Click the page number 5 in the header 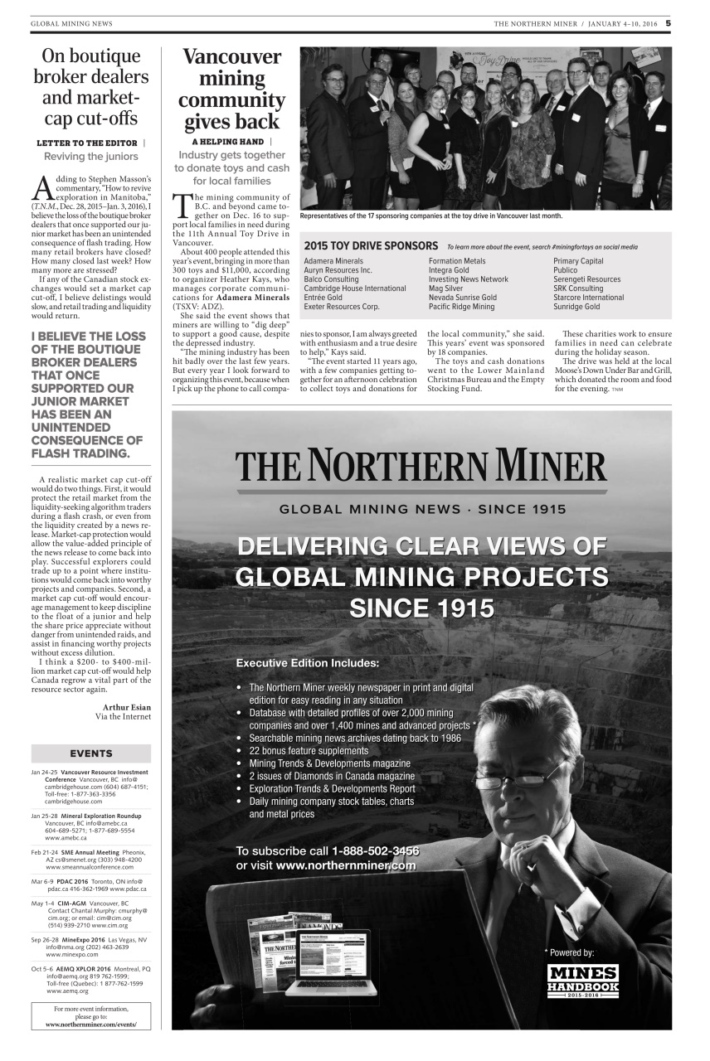click(x=668, y=23)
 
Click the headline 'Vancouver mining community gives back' click(x=231, y=90)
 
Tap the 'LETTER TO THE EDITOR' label click(x=87, y=143)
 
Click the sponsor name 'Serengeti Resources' click(x=586, y=279)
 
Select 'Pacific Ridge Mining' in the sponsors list click(x=461, y=307)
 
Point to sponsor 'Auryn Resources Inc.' click(x=338, y=270)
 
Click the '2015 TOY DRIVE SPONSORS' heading click(x=371, y=246)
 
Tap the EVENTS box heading click(x=91, y=753)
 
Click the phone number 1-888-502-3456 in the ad click(x=375, y=851)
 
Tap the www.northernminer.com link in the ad click(x=345, y=865)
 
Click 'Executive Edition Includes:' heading click(x=308, y=663)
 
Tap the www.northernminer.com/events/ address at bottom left click(x=91, y=1024)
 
